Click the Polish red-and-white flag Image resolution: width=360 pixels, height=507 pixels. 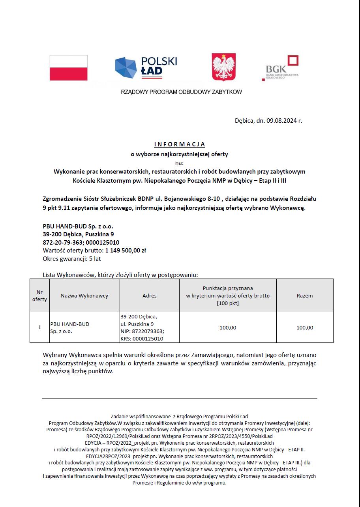point(69,68)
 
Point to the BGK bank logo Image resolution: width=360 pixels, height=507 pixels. point(281,68)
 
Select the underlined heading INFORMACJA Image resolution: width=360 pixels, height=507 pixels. point(179,144)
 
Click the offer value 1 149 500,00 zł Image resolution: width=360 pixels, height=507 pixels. point(126,251)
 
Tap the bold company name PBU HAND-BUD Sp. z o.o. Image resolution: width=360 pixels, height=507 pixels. point(78,226)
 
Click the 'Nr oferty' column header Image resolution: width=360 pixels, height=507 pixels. point(39,296)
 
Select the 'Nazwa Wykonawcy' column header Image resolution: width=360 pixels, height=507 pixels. point(84,296)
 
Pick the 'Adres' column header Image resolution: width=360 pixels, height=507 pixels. point(150,296)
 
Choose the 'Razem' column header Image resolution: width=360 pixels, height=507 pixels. point(305,296)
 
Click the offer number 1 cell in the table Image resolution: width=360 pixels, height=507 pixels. point(39,327)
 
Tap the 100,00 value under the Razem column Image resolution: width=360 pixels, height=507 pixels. point(305,327)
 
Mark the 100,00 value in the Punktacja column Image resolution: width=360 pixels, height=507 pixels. point(228,327)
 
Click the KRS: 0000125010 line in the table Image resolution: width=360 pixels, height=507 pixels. point(142,339)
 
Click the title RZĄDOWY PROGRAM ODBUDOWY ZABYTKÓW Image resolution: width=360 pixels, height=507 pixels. point(181,92)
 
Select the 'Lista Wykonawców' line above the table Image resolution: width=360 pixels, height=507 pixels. point(120,275)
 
